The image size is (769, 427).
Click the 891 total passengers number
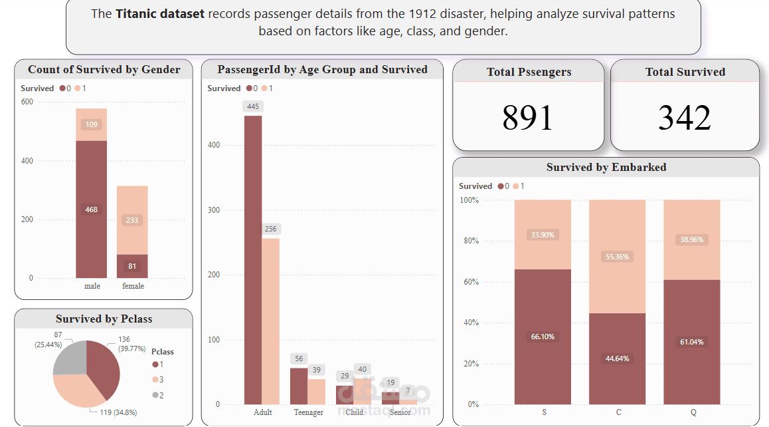[527, 118]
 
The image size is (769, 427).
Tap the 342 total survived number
[684, 118]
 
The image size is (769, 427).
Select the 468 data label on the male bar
[91, 210]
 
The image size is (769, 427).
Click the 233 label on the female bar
[132, 220]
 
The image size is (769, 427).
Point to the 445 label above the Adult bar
[253, 106]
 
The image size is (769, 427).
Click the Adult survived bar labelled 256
[270, 319]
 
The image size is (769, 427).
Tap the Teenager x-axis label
[308, 412]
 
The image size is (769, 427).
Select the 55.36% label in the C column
[618, 256]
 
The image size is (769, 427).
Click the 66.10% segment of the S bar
[543, 337]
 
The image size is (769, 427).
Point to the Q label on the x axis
[693, 412]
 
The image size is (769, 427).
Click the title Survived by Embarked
[606, 168]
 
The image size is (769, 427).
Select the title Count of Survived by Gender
[104, 70]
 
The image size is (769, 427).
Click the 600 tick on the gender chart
[27, 102]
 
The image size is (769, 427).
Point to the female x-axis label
[133, 286]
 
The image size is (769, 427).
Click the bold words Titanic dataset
[160, 13]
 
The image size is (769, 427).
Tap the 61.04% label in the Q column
[691, 342]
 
